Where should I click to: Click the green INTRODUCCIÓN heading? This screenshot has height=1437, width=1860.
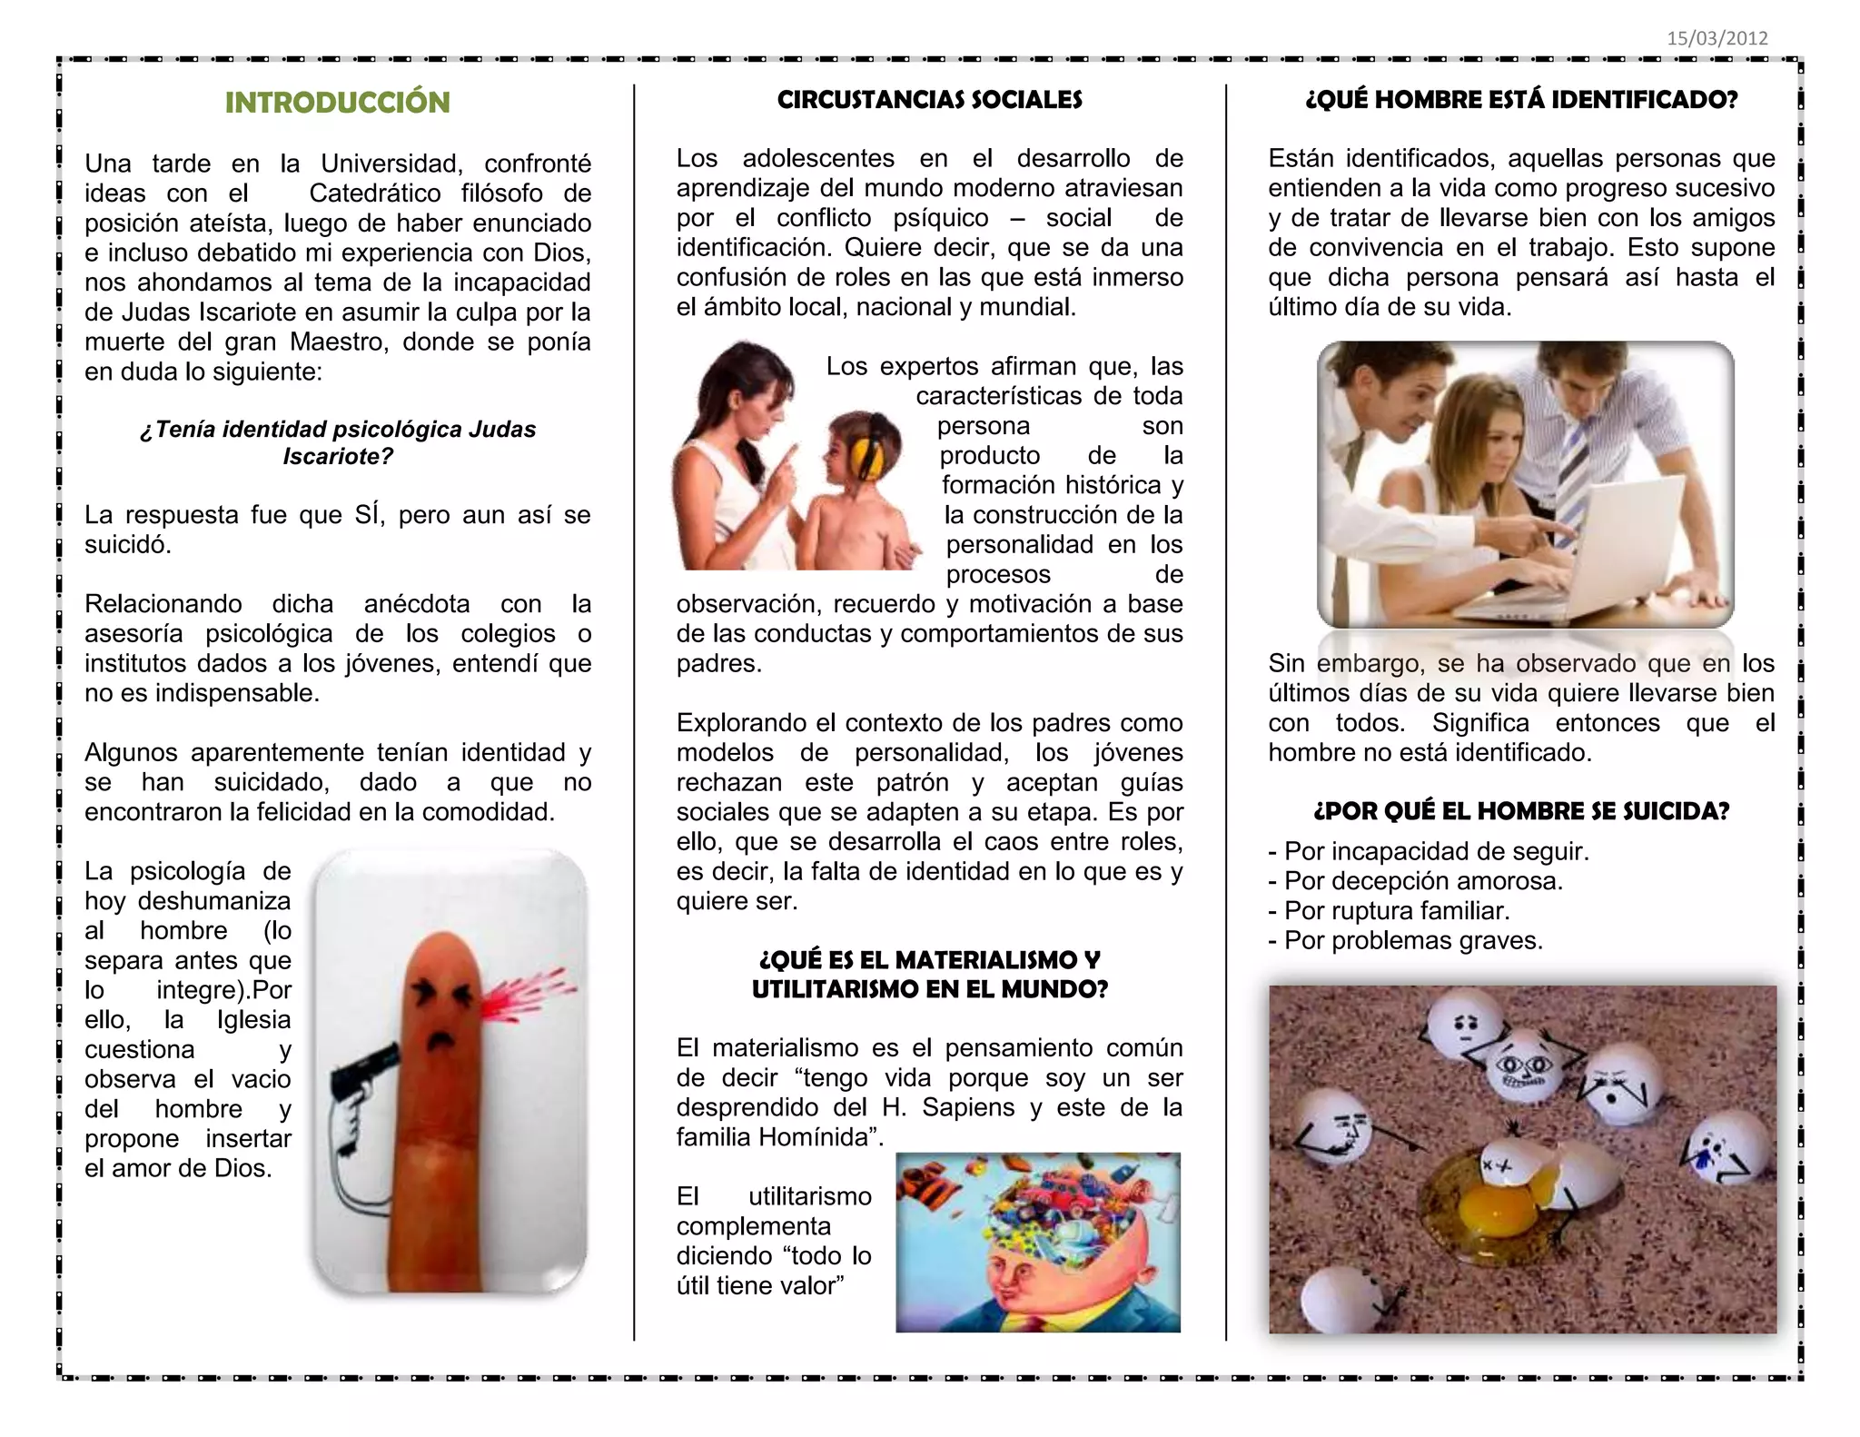337,103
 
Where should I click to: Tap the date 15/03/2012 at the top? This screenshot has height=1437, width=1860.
1717,38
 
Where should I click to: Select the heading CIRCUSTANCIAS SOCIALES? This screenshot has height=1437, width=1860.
929,100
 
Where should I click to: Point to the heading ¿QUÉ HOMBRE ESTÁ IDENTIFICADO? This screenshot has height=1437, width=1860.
1521,100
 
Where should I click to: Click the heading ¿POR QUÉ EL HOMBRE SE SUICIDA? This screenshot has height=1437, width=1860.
1521,811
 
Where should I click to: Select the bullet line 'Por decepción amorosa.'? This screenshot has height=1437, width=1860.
1422,881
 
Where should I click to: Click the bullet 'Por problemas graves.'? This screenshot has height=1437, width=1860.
1412,940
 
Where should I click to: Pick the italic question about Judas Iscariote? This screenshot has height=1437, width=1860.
338,442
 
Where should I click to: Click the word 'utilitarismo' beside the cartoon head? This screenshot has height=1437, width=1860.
809,1196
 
